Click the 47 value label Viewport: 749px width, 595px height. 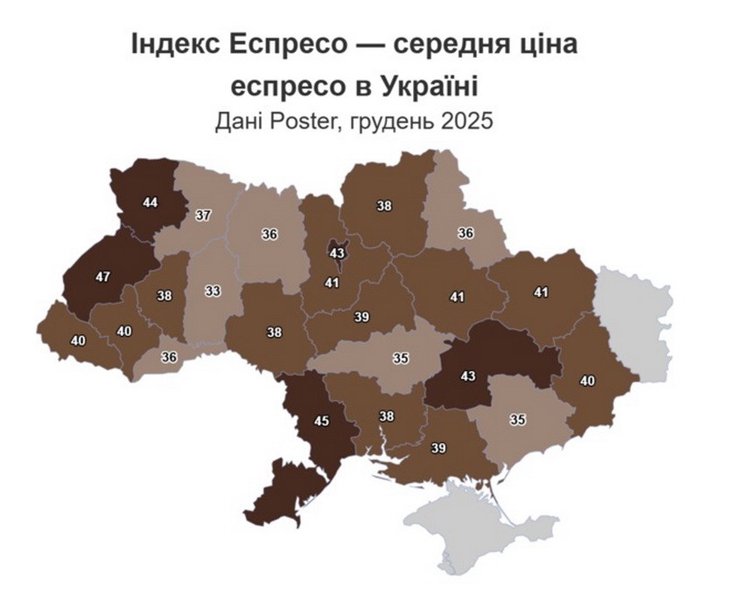103,276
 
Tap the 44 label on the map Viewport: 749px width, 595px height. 150,202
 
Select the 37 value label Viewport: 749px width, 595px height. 203,214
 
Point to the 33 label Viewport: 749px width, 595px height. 213,291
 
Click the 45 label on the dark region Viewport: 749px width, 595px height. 322,421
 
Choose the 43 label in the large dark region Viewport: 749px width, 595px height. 468,376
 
